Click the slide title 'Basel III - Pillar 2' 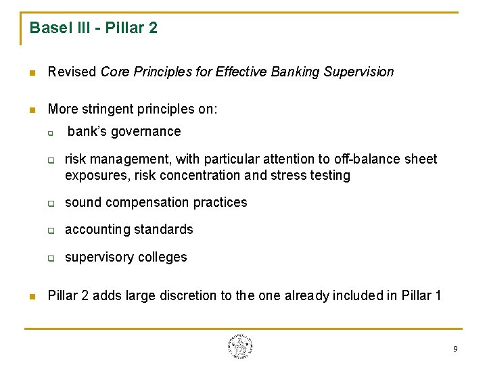(x=93, y=28)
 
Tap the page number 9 (x=455, y=349)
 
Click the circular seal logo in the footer (x=240, y=346)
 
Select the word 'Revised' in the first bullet (x=72, y=72)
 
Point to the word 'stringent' (x=108, y=109)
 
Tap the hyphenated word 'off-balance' (x=367, y=159)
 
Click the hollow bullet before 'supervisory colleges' (x=50, y=258)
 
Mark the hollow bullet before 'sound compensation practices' (x=50, y=203)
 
